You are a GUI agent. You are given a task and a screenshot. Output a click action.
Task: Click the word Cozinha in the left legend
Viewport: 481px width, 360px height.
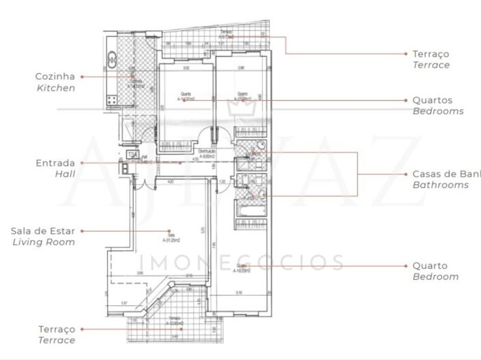point(55,76)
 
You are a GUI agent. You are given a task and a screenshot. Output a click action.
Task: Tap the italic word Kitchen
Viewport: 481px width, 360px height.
point(55,88)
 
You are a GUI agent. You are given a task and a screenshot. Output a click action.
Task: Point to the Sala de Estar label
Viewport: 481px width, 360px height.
point(42,230)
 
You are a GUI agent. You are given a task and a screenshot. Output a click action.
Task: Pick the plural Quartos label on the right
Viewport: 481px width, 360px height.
point(432,100)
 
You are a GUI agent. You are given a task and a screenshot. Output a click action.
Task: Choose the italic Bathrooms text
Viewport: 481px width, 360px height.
point(441,185)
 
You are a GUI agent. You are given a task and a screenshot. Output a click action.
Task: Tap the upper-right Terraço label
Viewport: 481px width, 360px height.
point(431,53)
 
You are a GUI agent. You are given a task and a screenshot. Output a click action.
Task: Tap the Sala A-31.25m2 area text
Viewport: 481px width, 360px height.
point(171,237)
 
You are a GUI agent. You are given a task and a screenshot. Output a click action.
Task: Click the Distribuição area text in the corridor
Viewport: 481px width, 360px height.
point(207,153)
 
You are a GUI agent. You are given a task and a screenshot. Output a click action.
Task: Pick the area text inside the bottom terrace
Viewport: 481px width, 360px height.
point(175,320)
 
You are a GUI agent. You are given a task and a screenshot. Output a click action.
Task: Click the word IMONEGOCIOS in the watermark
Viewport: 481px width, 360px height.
point(242,262)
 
